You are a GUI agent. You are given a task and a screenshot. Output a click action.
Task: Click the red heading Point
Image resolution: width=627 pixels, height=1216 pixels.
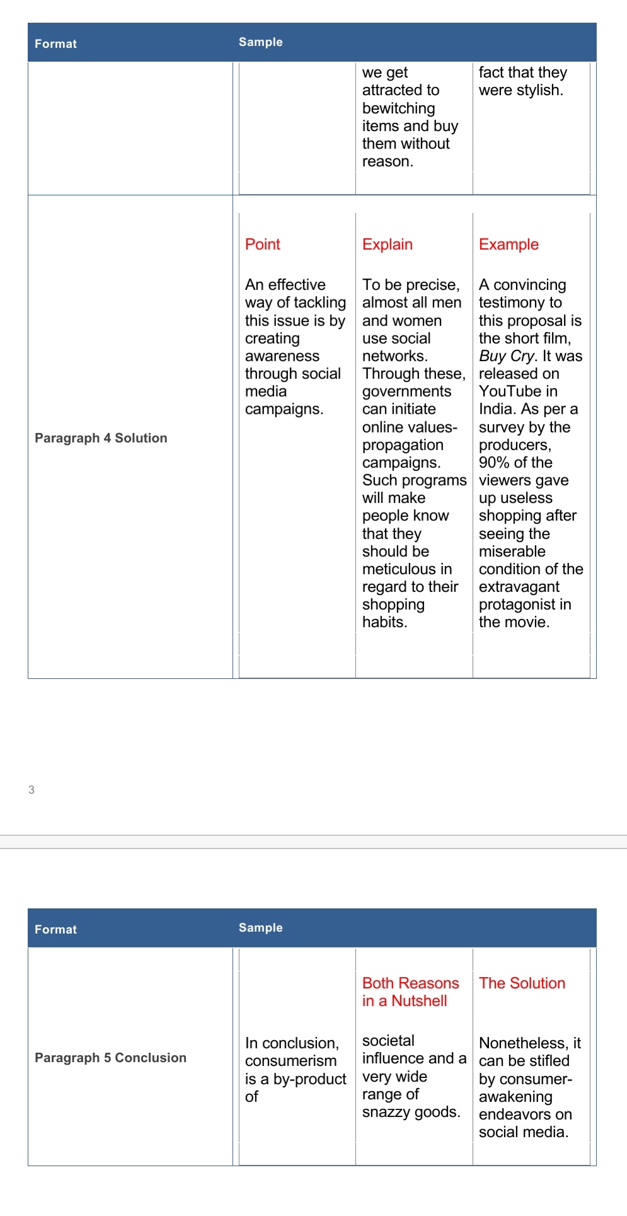(262, 245)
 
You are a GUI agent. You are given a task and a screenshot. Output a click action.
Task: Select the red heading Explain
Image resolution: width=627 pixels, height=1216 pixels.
(387, 245)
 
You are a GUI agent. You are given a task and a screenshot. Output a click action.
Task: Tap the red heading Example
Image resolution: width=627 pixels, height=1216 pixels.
(509, 245)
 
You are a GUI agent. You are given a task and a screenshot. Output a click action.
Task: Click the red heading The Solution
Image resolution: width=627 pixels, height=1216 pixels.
(522, 983)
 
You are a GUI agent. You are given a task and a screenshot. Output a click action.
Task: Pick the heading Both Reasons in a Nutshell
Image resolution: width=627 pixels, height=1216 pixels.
(410, 992)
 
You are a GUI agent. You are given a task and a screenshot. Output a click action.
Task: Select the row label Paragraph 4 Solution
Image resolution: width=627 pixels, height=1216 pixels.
(101, 438)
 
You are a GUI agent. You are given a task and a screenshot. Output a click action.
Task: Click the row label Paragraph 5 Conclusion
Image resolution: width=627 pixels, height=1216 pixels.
(110, 1058)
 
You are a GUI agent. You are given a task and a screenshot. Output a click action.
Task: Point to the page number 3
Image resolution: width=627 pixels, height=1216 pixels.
(32, 790)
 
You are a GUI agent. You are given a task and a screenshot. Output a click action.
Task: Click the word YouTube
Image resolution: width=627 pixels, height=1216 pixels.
(509, 391)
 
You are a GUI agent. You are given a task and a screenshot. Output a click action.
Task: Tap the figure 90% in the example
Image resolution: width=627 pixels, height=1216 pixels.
(494, 463)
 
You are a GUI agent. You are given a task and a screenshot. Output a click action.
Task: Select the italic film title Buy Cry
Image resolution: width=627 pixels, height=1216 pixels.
(506, 356)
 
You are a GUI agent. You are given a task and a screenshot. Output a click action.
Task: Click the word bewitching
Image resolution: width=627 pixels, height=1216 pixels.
(398, 108)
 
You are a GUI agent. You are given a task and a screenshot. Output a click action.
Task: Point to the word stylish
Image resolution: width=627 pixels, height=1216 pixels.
(539, 90)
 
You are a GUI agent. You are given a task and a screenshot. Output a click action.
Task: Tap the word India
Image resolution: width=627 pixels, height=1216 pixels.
(497, 409)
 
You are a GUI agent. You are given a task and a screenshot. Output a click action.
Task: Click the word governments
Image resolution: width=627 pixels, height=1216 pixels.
(406, 391)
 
